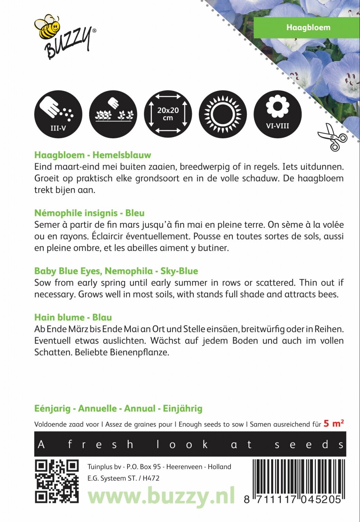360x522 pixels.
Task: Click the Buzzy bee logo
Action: point(65,37)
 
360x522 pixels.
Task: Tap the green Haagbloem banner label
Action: point(308,28)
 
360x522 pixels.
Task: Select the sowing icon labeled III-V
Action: point(58,114)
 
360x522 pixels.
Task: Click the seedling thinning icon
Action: point(113,114)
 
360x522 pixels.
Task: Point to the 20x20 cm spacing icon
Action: point(168,114)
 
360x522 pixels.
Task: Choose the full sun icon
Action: point(223,114)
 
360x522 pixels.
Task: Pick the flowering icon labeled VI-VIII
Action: point(277,114)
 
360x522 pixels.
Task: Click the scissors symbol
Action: point(332,137)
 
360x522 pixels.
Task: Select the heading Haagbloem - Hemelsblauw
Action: point(92,155)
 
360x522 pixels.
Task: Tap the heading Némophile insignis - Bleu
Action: point(89,213)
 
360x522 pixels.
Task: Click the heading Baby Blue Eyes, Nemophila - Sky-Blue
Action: point(116,271)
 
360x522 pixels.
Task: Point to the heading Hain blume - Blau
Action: point(73,317)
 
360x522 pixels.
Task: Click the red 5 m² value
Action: point(333,423)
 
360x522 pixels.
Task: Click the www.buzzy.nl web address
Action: point(161,495)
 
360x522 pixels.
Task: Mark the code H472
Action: point(151,478)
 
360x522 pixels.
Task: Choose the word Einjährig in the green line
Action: point(183,408)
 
